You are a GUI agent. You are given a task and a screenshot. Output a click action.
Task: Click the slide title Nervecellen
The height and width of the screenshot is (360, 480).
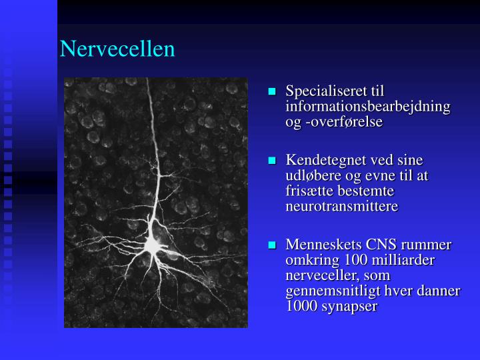click(117, 49)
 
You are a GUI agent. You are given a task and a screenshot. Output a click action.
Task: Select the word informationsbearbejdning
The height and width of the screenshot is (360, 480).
click(368, 107)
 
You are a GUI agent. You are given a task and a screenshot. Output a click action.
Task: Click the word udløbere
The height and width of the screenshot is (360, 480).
click(312, 176)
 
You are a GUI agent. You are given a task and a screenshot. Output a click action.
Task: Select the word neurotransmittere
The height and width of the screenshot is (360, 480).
click(342, 207)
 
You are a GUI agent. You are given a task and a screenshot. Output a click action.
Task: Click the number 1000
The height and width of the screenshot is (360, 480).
click(301, 307)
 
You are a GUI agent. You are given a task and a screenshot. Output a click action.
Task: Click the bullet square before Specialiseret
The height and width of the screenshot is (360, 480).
click(273, 91)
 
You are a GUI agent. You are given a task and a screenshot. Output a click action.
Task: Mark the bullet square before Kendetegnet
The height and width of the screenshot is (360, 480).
click(273, 161)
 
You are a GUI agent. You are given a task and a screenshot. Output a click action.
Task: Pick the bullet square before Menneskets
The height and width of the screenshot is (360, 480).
click(273, 245)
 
